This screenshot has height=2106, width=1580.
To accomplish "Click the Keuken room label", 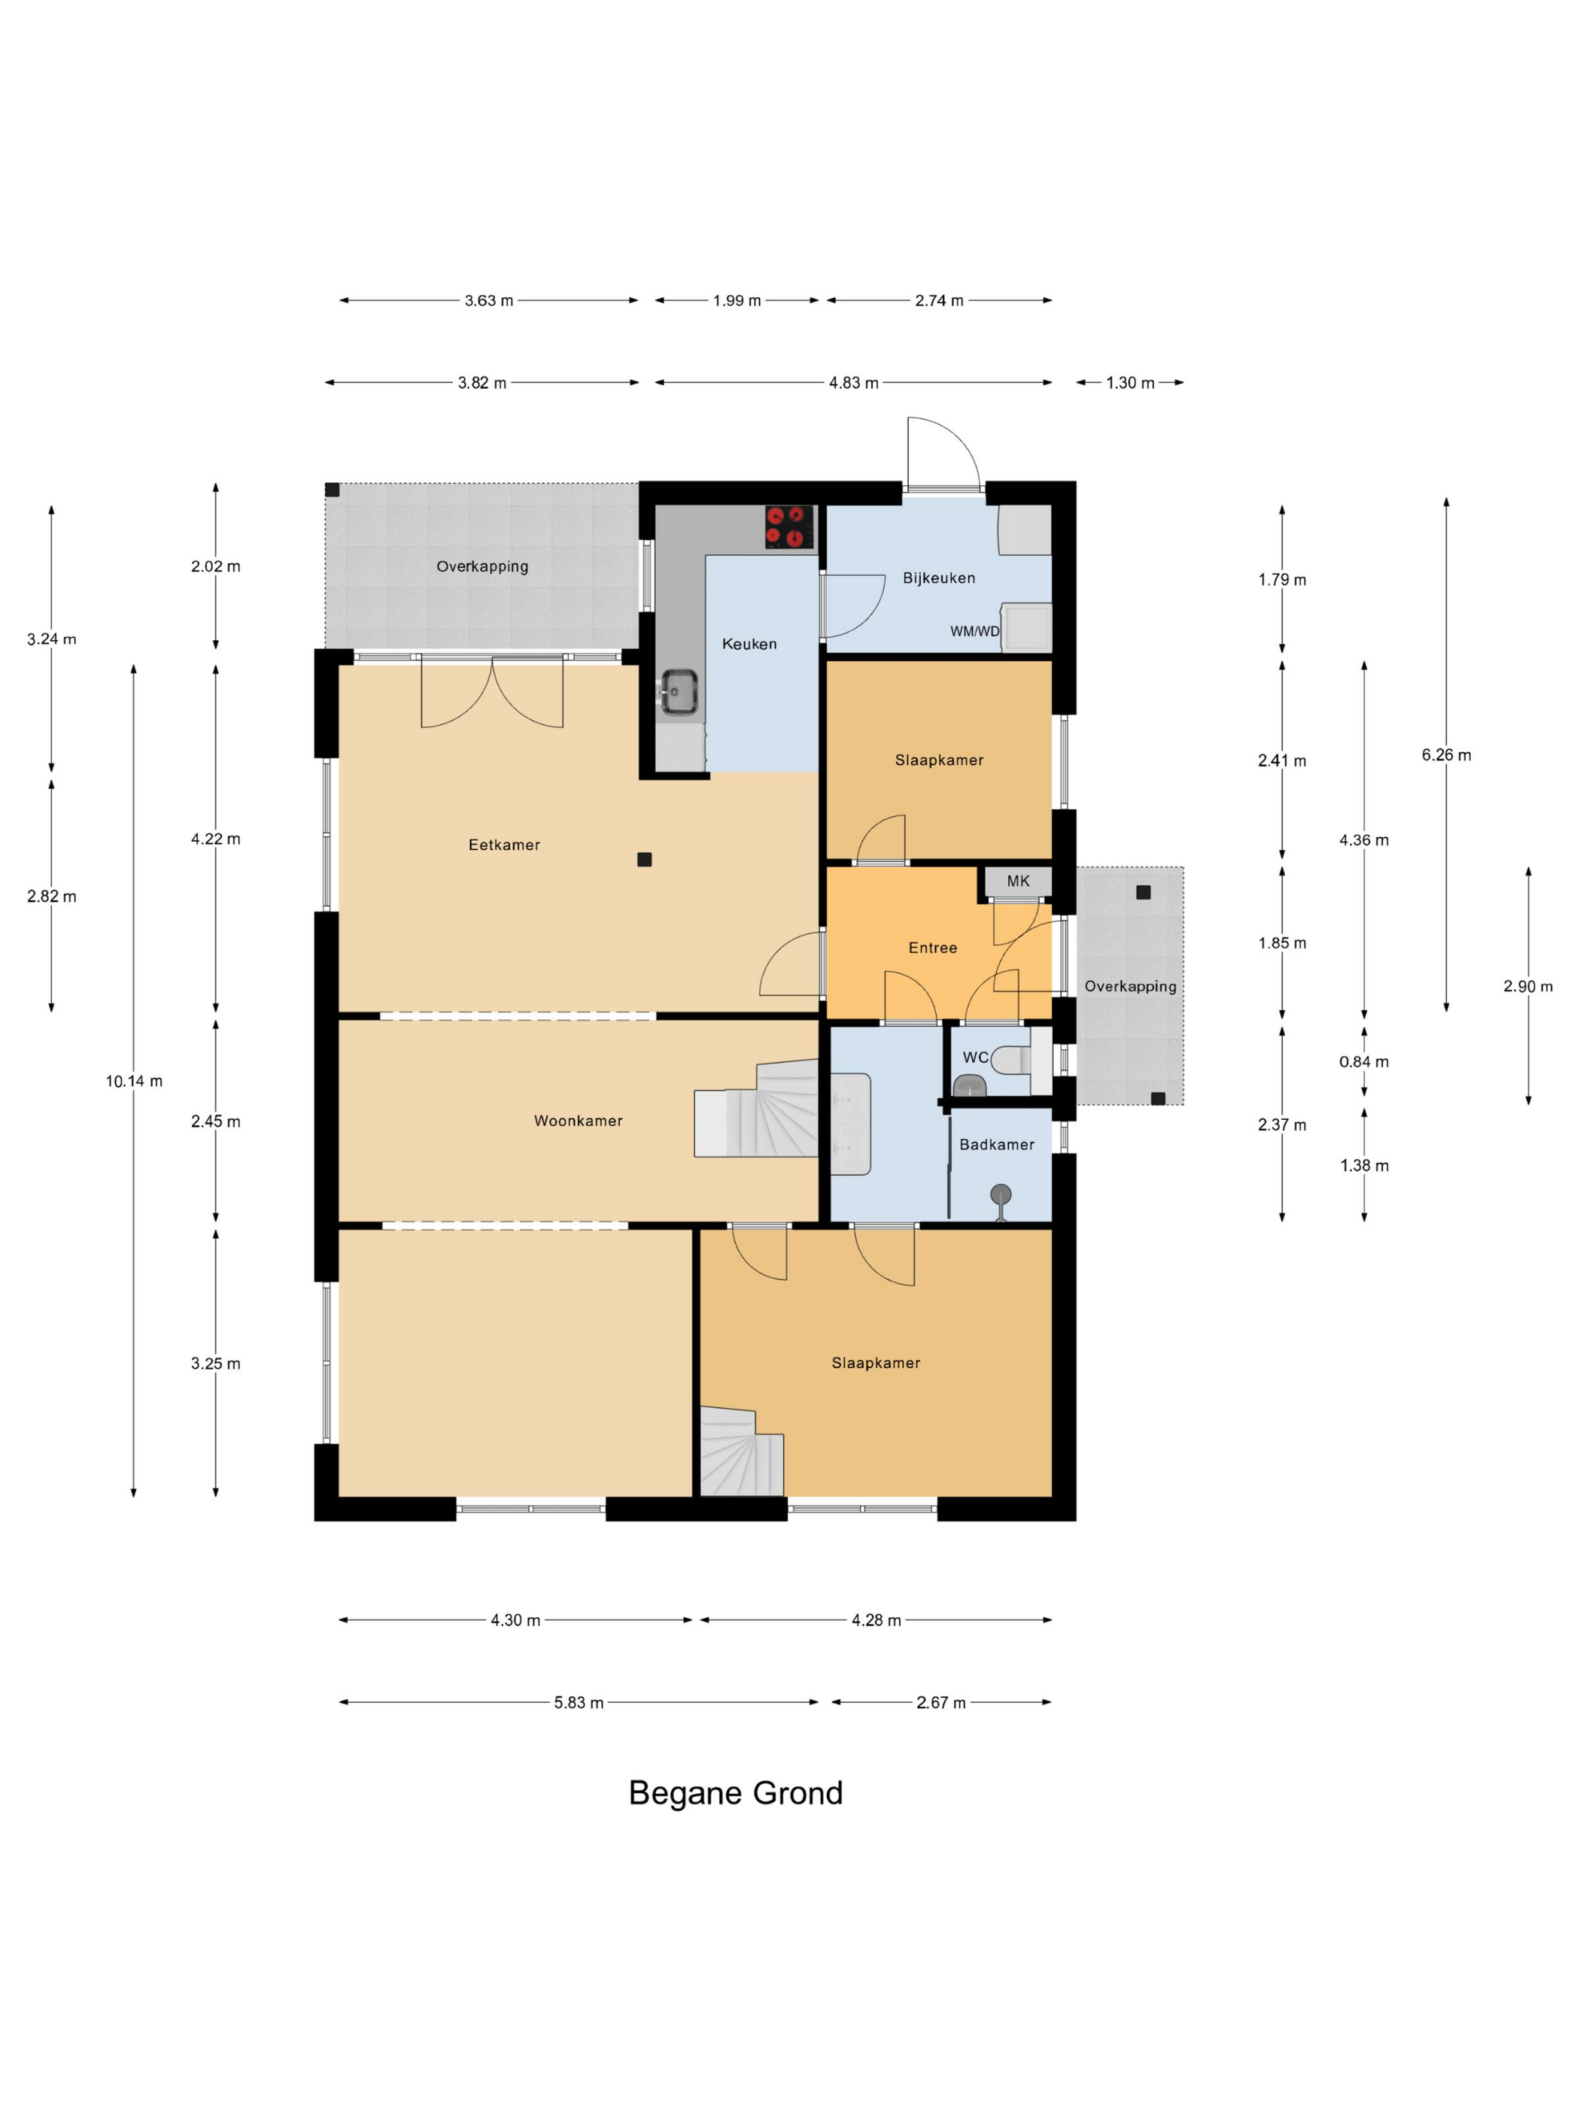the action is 749,644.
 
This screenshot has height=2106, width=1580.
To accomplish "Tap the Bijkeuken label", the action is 938,578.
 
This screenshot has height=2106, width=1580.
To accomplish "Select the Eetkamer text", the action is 504,845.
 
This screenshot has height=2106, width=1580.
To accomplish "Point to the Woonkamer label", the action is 578,1121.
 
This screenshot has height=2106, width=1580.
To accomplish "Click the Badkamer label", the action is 996,1145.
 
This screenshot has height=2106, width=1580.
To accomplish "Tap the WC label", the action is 975,1057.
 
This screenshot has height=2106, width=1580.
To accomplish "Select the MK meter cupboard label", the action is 1018,881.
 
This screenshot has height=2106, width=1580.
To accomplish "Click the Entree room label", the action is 932,947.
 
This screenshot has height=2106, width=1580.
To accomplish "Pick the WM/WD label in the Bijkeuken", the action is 974,631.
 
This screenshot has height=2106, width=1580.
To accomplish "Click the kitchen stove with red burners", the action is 789,526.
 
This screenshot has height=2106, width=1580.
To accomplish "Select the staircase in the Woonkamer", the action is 756,1108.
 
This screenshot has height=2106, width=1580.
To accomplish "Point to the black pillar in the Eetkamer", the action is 644,860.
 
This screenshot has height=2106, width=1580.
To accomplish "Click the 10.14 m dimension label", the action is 134,1081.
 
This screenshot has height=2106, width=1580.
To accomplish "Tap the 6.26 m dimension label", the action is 1446,755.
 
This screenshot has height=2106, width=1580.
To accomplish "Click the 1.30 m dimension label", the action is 1129,383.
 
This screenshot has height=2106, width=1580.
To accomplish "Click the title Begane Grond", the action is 735,1793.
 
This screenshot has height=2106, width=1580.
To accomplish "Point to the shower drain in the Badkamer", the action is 1000,1194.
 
